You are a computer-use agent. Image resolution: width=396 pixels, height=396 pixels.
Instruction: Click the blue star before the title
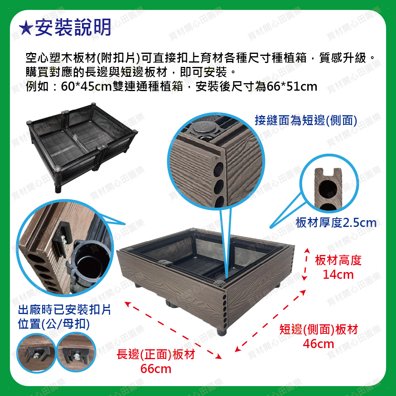[x=26, y=28]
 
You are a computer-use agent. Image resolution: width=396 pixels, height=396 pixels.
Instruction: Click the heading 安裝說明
[x=73, y=27]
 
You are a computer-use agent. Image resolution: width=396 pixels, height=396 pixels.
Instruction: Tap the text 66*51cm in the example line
[x=292, y=87]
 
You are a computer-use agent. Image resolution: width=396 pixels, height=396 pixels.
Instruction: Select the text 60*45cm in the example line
[x=86, y=87]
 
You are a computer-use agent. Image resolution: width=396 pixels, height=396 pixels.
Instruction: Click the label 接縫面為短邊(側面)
[x=306, y=120]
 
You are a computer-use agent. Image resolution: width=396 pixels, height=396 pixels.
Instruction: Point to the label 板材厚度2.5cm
[x=336, y=223]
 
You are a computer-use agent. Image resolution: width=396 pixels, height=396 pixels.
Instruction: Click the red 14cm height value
[x=338, y=274]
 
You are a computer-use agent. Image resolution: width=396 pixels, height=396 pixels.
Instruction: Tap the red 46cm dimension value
[x=318, y=344]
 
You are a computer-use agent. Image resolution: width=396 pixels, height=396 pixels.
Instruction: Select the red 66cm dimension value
[x=156, y=369]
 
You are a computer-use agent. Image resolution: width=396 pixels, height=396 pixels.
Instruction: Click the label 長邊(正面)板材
[x=156, y=354]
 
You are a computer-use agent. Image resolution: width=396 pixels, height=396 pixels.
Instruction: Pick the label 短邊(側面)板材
[x=318, y=329]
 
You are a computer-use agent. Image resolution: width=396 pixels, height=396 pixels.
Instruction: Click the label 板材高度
[x=338, y=260]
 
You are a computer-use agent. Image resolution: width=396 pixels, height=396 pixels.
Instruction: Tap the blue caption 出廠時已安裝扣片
[x=65, y=310]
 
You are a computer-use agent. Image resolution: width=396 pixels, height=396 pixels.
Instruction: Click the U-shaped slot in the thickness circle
[x=329, y=172]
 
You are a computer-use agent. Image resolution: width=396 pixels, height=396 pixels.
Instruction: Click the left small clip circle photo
[x=36, y=352]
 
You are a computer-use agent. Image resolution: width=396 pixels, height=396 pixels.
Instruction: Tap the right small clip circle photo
[x=76, y=352]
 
